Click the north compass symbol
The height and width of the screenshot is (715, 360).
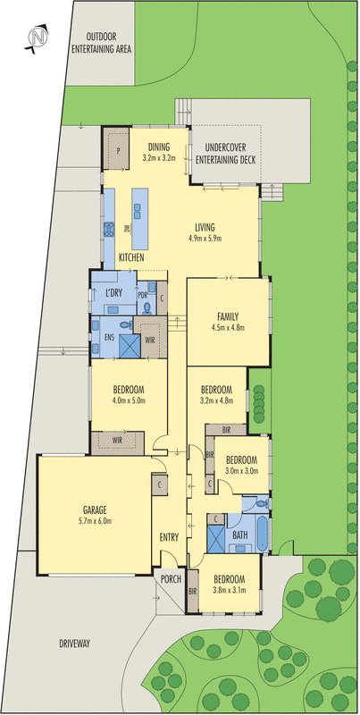coord(38,37)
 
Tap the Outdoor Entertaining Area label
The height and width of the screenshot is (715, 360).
coord(102,42)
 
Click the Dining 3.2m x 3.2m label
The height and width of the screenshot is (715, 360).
coord(159,152)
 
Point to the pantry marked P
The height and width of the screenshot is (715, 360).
coord(119,151)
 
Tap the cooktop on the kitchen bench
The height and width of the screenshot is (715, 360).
coord(109,229)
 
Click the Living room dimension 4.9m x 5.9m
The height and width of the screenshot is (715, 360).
coord(205,238)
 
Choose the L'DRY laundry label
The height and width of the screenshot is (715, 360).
coord(113,294)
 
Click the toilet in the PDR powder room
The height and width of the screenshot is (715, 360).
coord(147,309)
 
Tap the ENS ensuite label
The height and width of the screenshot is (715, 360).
coord(109,339)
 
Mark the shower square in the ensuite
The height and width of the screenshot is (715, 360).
coord(129,346)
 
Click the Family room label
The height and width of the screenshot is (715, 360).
coord(229,317)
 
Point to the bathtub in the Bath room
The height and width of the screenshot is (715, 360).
coord(262,532)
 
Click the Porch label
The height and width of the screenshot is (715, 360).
coord(172,579)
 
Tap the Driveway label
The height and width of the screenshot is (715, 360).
coord(74,643)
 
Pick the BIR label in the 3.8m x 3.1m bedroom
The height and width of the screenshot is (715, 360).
coord(192,591)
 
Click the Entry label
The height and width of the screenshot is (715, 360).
coord(169,537)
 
